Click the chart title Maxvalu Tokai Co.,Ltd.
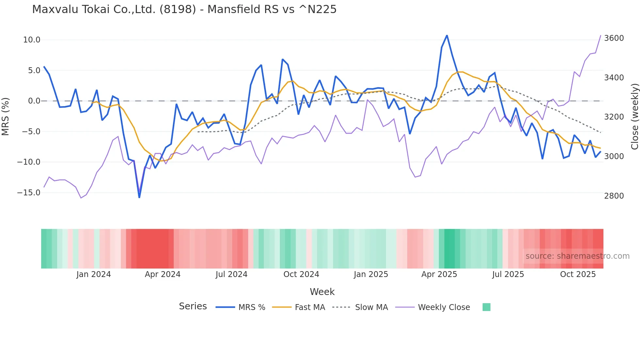[184, 9]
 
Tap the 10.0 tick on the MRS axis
[32, 40]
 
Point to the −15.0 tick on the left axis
[29, 193]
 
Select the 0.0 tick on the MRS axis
[34, 101]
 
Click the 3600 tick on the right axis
[614, 38]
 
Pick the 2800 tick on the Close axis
[614, 196]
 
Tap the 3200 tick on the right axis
[614, 117]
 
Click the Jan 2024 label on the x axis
[94, 274]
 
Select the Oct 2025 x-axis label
[578, 274]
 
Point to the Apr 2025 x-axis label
[439, 274]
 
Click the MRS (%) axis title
[6, 116]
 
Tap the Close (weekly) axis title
[634, 117]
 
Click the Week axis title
[322, 292]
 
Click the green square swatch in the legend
[486, 307]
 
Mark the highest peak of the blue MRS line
[447, 35]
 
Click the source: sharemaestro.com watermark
[577, 256]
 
